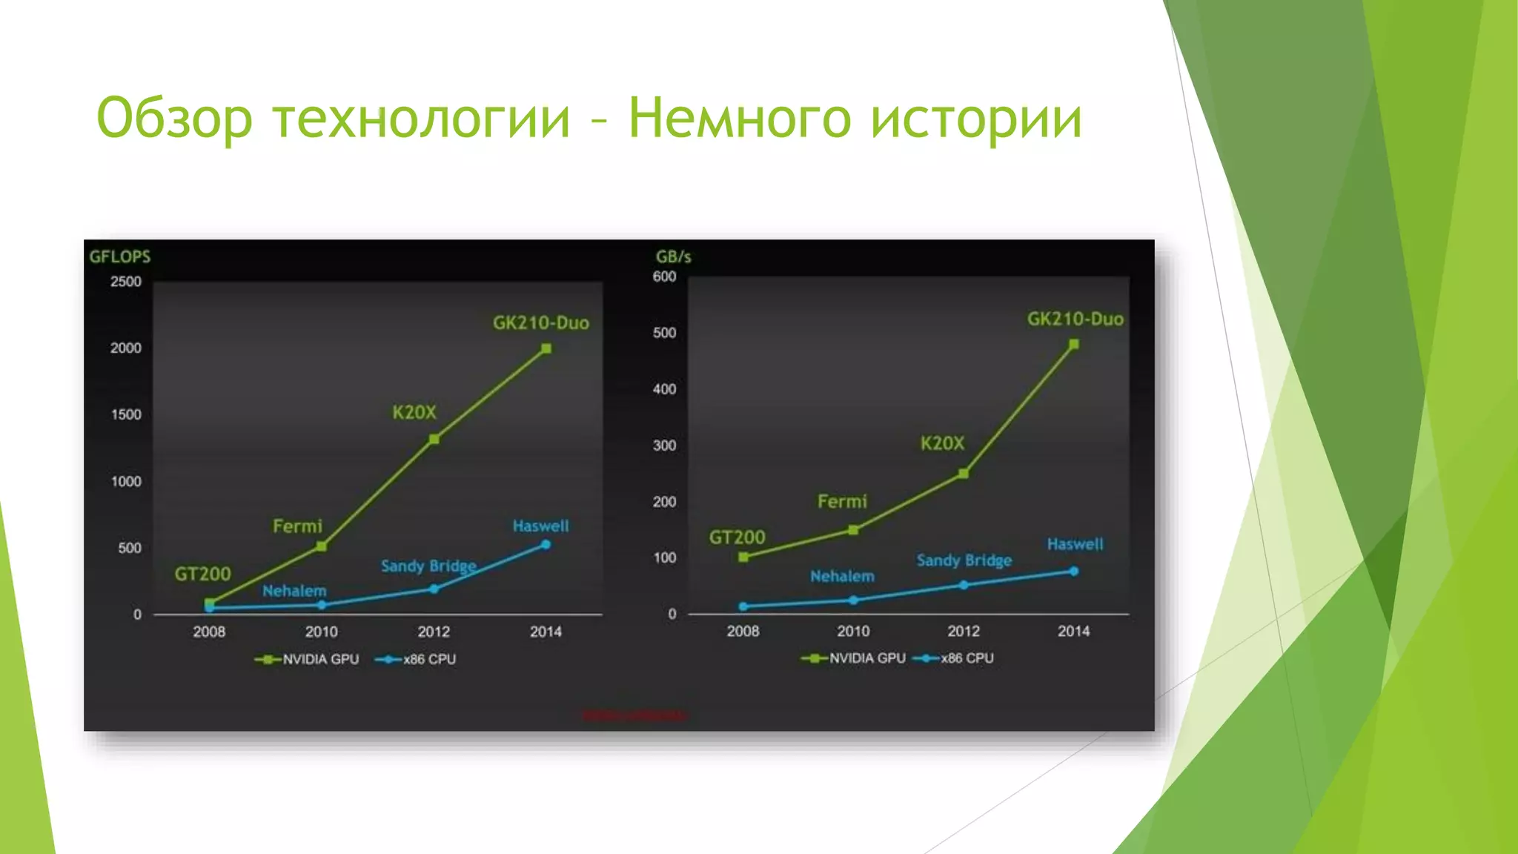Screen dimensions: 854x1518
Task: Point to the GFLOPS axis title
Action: pyautogui.click(x=120, y=256)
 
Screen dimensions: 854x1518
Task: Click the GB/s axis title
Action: pyautogui.click(x=673, y=256)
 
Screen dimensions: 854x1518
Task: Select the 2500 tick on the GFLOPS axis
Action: pyautogui.click(x=126, y=282)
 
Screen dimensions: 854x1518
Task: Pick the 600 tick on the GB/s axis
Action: pyautogui.click(x=665, y=277)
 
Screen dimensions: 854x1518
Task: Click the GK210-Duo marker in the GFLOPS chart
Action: pyautogui.click(x=546, y=348)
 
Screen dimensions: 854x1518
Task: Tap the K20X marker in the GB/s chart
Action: pyautogui.click(x=964, y=474)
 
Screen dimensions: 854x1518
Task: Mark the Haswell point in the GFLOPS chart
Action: pyautogui.click(x=546, y=545)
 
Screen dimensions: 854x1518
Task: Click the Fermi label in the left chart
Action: pyautogui.click(x=297, y=526)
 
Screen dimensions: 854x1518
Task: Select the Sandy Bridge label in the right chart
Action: pyautogui.click(x=964, y=560)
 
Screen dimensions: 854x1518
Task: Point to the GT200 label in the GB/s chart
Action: pyautogui.click(x=737, y=537)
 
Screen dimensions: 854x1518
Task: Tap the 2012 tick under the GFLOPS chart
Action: pyautogui.click(x=434, y=632)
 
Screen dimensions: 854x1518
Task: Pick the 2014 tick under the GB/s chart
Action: pyautogui.click(x=1073, y=631)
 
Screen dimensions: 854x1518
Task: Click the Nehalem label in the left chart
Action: pyautogui.click(x=294, y=591)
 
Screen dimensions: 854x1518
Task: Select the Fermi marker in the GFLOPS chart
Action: pyautogui.click(x=322, y=546)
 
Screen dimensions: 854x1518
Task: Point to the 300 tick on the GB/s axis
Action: pyautogui.click(x=665, y=446)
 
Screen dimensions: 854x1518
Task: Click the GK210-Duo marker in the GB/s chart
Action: pyautogui.click(x=1074, y=345)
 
